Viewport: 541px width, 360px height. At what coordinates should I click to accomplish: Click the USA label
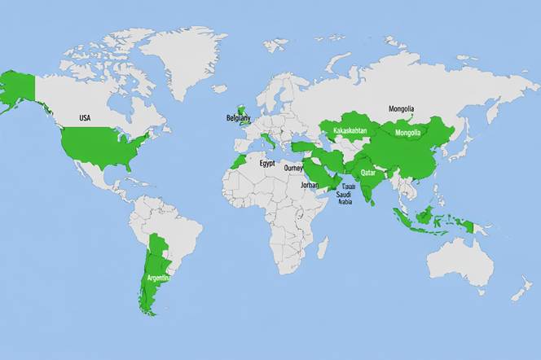click(85, 118)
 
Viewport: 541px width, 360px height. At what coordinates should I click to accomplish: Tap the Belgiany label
click(239, 118)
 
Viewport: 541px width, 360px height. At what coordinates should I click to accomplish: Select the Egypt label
click(267, 163)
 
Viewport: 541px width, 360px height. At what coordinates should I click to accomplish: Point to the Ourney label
click(293, 169)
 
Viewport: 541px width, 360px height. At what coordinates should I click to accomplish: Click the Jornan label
click(310, 185)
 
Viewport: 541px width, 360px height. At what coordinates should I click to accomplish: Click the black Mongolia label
click(401, 108)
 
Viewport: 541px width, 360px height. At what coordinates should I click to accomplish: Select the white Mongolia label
click(407, 133)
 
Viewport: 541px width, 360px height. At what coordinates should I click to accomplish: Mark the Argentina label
click(158, 278)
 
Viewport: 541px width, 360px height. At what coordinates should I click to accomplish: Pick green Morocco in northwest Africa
click(238, 159)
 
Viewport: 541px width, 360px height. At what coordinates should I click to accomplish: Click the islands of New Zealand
click(522, 289)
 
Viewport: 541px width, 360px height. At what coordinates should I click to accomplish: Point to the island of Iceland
click(219, 88)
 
